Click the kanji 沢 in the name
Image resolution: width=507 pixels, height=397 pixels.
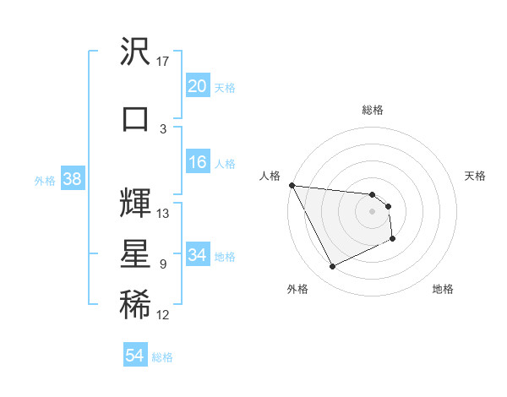135,52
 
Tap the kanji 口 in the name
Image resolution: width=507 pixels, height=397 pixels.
135,119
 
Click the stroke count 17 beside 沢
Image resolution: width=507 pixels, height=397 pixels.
163,62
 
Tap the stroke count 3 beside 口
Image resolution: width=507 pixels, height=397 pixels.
163,128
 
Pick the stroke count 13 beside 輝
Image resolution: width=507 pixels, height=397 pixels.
163,213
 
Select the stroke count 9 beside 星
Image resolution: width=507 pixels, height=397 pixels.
163,264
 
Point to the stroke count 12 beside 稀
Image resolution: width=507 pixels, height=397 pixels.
163,315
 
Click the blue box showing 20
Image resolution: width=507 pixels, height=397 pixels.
198,86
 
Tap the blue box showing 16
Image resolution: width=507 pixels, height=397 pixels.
198,163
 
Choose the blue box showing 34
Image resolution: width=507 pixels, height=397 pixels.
198,255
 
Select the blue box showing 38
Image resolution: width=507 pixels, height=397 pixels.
72,179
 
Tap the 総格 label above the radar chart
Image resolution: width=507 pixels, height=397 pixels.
373,110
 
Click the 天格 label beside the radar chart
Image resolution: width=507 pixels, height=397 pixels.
476,176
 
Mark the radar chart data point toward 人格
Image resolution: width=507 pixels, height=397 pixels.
292,185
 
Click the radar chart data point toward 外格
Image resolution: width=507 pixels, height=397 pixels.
332,267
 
